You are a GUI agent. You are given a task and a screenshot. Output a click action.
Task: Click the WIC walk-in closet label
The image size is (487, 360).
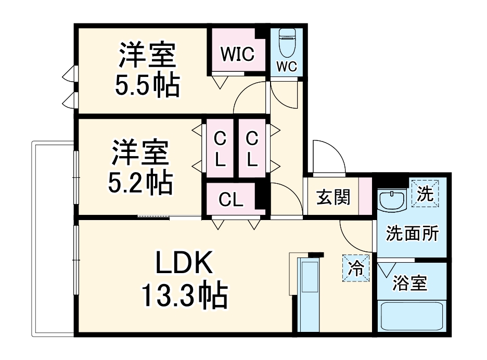pyautogui.click(x=237, y=54)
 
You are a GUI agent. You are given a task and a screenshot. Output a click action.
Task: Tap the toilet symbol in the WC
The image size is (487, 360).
pyautogui.click(x=287, y=44)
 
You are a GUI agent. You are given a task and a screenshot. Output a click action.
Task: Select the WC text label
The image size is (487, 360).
pyautogui.click(x=286, y=67)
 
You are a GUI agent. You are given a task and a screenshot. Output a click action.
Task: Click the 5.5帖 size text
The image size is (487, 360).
pyautogui.click(x=147, y=86)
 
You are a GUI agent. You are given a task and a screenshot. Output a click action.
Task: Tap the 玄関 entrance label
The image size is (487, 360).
pyautogui.click(x=333, y=198)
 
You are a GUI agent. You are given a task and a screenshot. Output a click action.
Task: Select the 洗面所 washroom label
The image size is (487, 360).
pyautogui.click(x=412, y=234)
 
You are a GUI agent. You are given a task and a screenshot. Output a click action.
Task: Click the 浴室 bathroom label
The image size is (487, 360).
pyautogui.click(x=411, y=284)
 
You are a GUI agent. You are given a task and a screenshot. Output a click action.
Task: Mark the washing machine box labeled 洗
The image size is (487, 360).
pyautogui.click(x=425, y=194)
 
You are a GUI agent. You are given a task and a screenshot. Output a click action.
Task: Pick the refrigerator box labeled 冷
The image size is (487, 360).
pyautogui.click(x=356, y=268)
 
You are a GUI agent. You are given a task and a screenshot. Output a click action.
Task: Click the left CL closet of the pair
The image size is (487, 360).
pyautogui.click(x=220, y=149)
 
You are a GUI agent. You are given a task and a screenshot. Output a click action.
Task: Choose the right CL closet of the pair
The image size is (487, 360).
pyautogui.click(x=252, y=149)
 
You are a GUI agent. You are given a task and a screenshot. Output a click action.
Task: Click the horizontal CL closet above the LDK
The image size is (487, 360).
pyautogui.click(x=230, y=199)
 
